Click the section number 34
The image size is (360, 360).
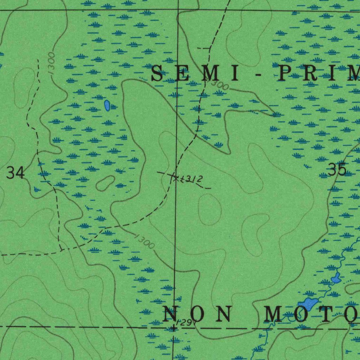(16, 173)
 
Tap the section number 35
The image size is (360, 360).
(337, 170)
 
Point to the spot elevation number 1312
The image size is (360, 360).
(192, 179)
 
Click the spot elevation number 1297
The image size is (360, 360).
(185, 322)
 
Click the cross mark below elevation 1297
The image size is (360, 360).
(173, 328)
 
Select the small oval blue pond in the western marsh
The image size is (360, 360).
(107, 105)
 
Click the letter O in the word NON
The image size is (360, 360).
(198, 314)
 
